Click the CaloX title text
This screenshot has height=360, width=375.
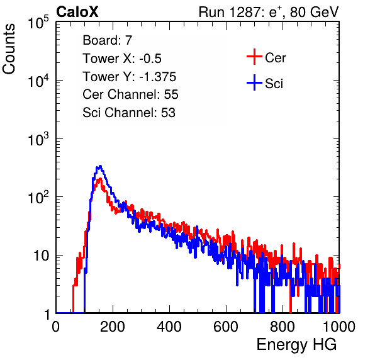click(x=77, y=12)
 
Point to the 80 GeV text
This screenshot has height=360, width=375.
click(x=314, y=12)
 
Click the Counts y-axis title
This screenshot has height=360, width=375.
click(x=9, y=48)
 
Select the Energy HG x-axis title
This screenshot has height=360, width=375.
click(x=296, y=345)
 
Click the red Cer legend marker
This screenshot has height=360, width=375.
click(x=254, y=57)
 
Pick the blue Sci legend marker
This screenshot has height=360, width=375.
click(x=254, y=82)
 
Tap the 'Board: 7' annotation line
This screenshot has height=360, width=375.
click(x=107, y=40)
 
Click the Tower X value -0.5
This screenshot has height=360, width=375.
click(x=150, y=59)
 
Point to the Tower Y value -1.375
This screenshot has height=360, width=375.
click(x=157, y=77)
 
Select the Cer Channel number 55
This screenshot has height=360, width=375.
click(x=171, y=94)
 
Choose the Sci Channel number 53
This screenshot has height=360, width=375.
click(x=168, y=112)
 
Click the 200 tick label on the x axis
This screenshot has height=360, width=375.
click(x=113, y=327)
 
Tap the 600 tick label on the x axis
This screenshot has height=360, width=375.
click(x=226, y=327)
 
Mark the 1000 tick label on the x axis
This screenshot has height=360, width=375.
click(x=339, y=327)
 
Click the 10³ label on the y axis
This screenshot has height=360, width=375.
click(x=38, y=139)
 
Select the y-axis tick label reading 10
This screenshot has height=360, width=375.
click(x=42, y=256)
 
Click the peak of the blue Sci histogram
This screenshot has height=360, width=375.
click(x=101, y=166)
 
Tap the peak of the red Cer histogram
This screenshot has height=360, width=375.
click(x=100, y=179)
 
